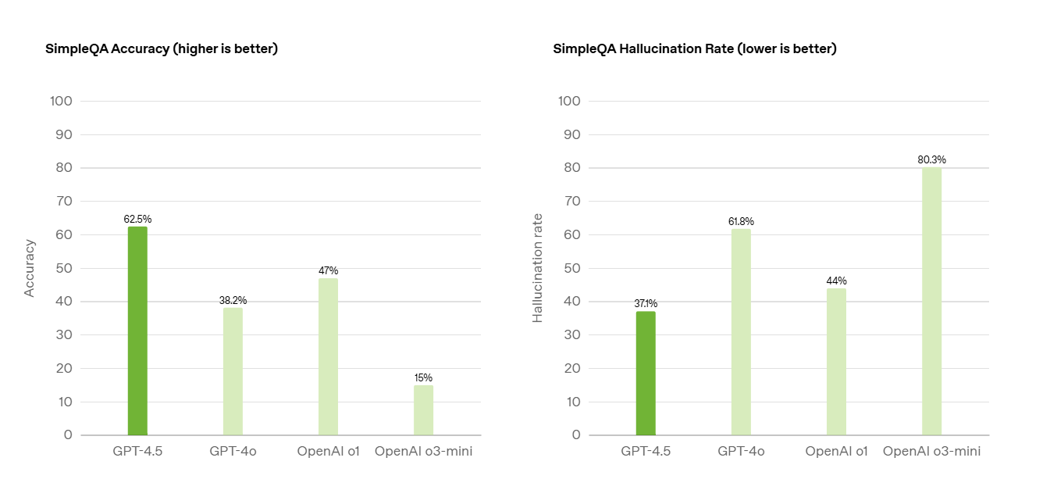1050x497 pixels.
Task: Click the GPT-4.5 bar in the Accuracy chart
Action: pos(137,331)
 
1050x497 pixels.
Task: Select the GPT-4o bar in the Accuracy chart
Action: pos(233,371)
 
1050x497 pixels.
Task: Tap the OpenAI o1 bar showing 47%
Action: pos(328,356)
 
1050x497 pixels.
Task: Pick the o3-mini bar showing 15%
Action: pos(423,410)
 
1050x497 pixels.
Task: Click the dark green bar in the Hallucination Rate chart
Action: pos(646,373)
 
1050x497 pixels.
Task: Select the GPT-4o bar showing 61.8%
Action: pos(741,332)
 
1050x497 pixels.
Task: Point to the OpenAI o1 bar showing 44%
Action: pos(836,362)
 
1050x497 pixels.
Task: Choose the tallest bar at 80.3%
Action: pos(932,302)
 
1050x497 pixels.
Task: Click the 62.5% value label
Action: pos(138,219)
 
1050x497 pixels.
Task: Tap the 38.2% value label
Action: pos(233,300)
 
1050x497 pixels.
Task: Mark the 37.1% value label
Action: pos(646,304)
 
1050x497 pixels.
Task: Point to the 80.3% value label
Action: pos(932,160)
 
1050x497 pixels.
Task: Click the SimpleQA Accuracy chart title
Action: pos(162,48)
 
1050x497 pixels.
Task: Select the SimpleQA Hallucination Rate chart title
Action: pos(695,48)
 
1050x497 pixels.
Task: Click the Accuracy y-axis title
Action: pos(29,269)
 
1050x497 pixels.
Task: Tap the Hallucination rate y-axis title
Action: pos(537,269)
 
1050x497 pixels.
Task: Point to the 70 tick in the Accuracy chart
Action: pos(64,202)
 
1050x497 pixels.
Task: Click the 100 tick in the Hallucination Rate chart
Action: pos(570,101)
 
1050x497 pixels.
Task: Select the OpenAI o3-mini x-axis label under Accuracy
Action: pos(424,452)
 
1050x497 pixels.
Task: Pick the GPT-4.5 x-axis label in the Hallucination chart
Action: pos(646,452)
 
